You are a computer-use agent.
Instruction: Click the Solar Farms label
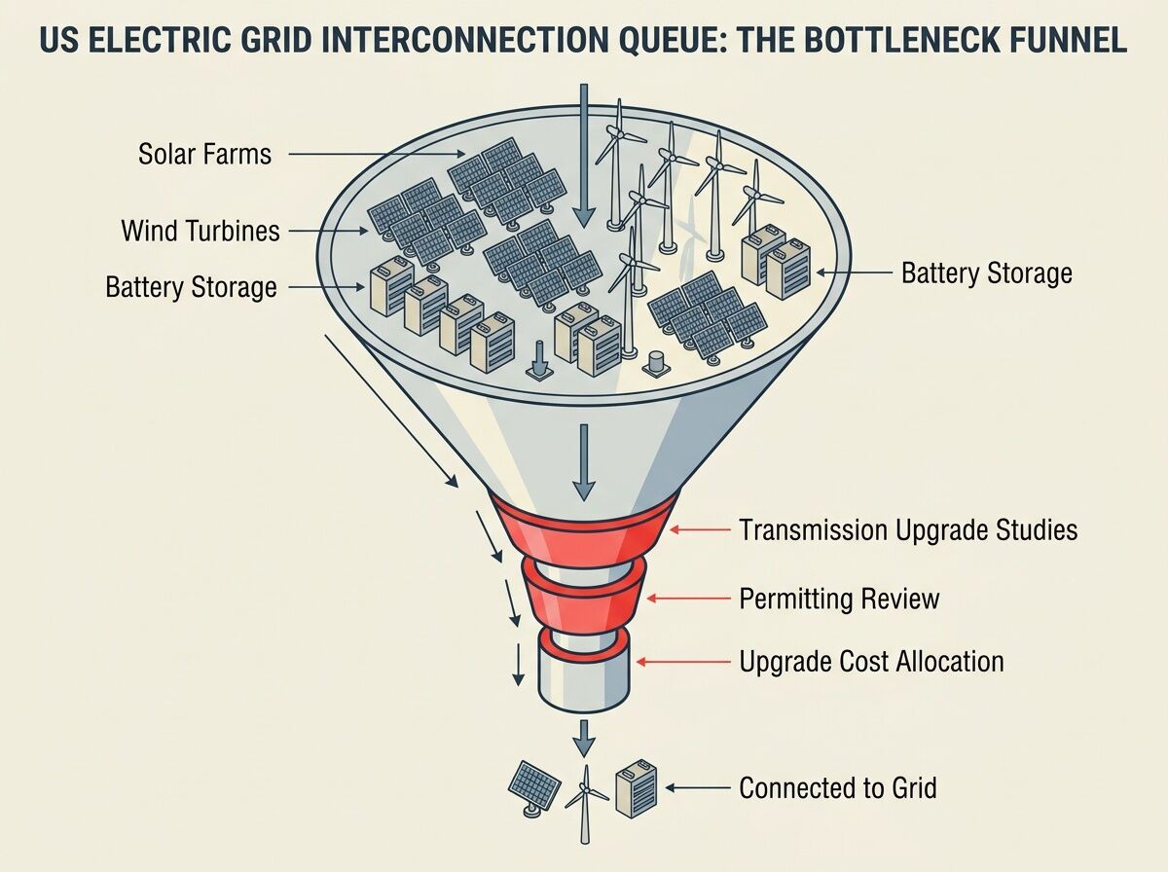[x=204, y=154]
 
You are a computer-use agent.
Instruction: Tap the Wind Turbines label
[x=201, y=231]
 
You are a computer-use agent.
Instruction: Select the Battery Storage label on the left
[x=191, y=288]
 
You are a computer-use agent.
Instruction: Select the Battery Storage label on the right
[x=986, y=273]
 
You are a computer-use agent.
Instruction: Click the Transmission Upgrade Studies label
[x=908, y=529]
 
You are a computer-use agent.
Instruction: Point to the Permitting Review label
[x=839, y=598]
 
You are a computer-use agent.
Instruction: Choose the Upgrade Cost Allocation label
[x=871, y=662]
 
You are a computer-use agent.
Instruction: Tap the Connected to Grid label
[x=838, y=787]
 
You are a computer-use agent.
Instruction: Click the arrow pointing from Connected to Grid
[x=698, y=787]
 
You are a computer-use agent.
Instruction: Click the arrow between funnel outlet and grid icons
[x=583, y=736]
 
